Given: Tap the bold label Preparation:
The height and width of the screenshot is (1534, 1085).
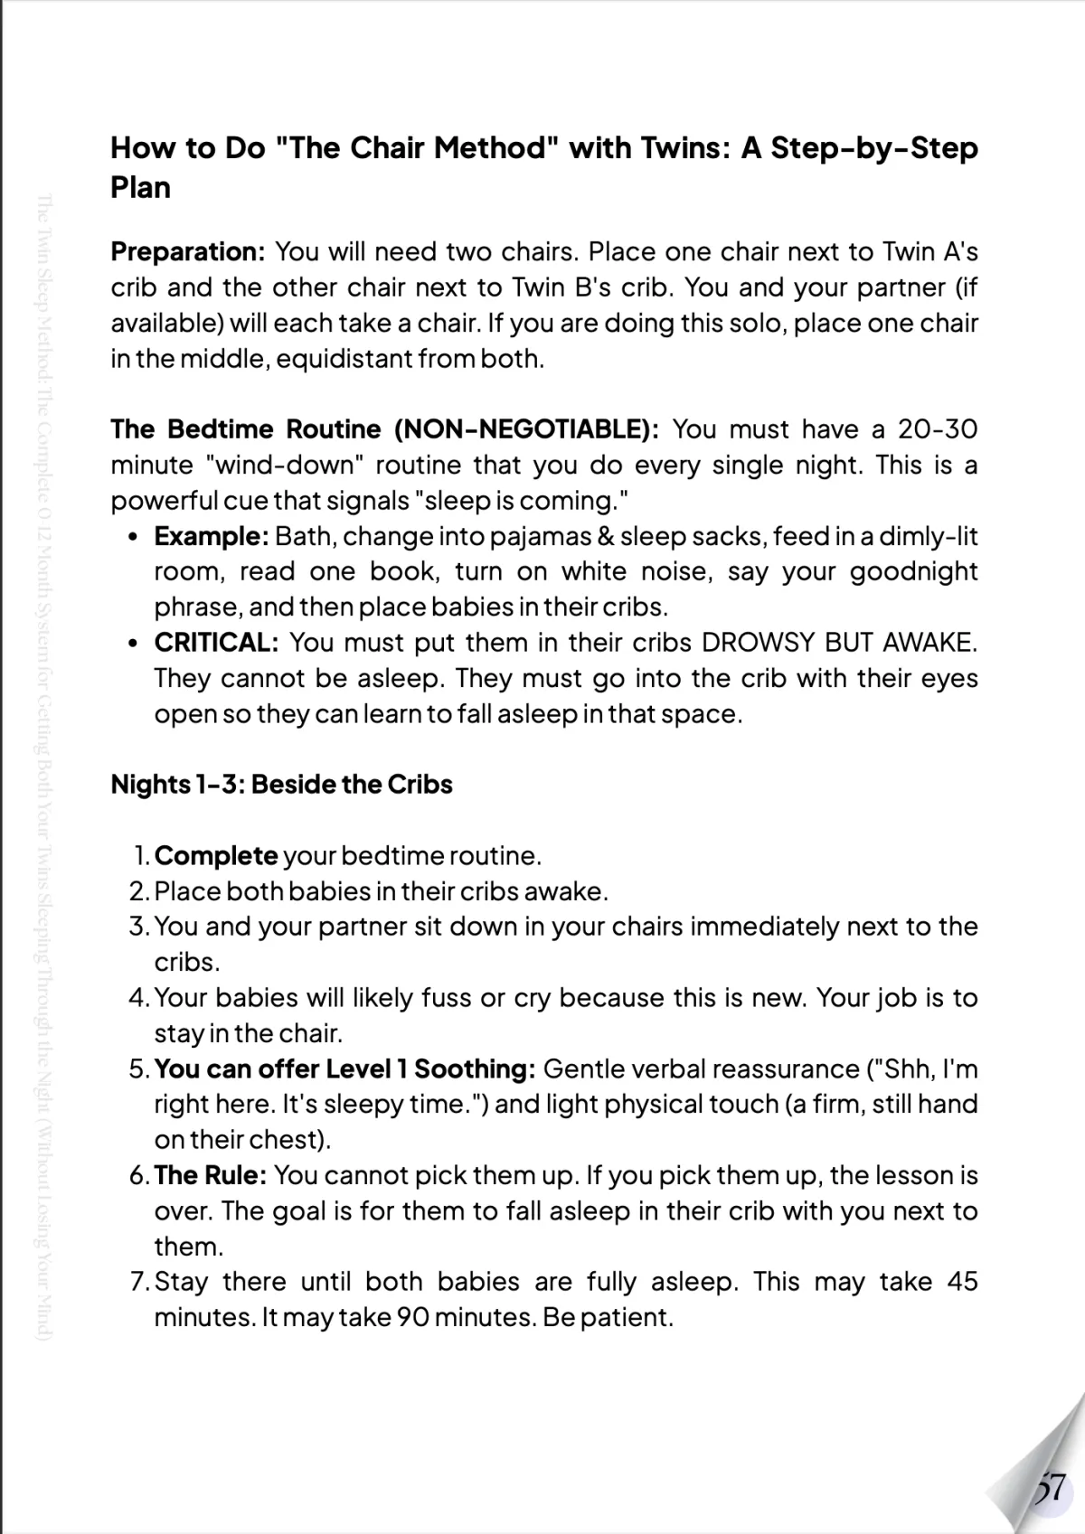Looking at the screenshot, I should pos(187,251).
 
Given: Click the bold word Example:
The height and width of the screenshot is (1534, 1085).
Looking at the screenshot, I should pos(211,536).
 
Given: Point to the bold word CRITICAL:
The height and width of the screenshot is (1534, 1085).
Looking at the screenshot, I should pos(216,643).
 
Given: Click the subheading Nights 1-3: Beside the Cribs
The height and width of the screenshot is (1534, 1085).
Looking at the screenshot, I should pos(281,784).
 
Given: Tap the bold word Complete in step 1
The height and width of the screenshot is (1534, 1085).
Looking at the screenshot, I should pos(216,855).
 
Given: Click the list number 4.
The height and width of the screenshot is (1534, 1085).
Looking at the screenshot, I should pos(138,998).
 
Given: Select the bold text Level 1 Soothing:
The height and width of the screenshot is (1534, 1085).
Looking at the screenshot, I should pos(430,1068).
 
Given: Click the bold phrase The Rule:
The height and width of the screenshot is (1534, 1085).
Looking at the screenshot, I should pos(210,1175).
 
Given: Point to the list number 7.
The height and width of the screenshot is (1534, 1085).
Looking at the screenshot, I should pos(138,1282).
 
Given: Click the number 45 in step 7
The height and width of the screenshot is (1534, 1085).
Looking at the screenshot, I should pos(962,1282).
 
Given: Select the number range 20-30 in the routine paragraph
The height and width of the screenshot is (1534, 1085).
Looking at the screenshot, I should pos(937,428).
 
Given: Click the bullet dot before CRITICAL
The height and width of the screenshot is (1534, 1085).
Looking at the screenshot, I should pos(133,644).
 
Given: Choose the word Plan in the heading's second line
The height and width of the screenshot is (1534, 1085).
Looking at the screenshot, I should pos(140,188).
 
